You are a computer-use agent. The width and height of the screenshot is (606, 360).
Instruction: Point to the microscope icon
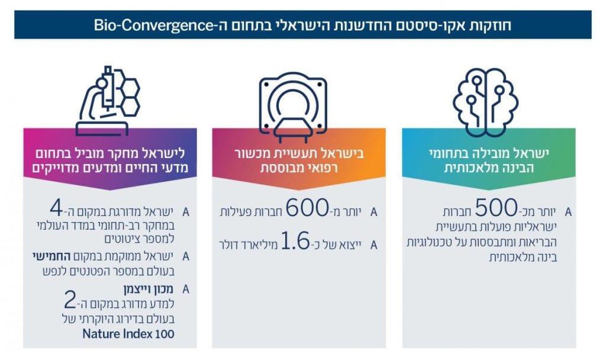(x=108, y=101)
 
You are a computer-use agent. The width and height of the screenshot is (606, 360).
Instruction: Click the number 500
(x=496, y=208)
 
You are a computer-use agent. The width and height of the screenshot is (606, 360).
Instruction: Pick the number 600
(x=307, y=208)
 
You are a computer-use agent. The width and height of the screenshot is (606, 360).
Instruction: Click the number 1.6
(x=295, y=241)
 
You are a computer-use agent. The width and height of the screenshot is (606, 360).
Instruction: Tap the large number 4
(x=56, y=208)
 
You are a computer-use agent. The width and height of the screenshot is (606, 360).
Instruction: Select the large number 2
(x=70, y=300)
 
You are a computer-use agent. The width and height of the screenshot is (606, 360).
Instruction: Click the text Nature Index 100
(x=128, y=334)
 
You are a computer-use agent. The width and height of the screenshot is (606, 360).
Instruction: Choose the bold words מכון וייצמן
(x=149, y=289)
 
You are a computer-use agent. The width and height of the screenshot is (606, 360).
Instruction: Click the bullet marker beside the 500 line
(x=568, y=213)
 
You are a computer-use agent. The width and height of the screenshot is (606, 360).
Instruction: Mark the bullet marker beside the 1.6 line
(x=373, y=245)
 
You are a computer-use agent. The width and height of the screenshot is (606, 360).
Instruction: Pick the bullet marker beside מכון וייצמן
(x=185, y=289)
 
